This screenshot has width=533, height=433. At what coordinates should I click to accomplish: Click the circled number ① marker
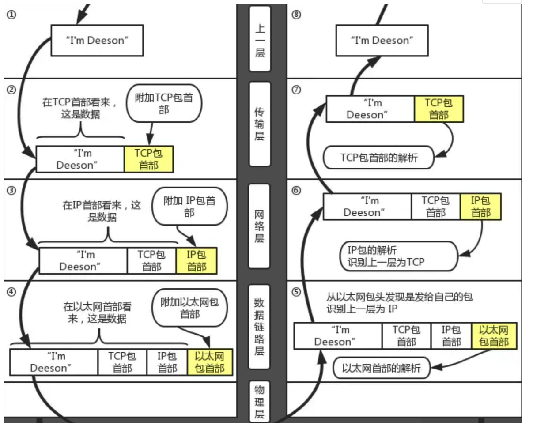[x=11, y=14]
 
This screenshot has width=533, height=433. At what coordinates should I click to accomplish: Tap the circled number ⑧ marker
[x=296, y=14]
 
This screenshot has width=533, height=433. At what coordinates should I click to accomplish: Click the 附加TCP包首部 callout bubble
[x=164, y=103]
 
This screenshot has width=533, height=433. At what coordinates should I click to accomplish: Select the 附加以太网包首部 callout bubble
[x=189, y=308]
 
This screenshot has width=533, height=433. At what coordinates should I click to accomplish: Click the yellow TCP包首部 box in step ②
[x=149, y=159]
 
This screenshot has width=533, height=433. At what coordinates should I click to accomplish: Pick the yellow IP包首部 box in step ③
[x=197, y=260]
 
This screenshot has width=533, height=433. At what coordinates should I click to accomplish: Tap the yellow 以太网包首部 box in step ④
[x=210, y=362]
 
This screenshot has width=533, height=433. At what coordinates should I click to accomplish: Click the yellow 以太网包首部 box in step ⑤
[x=494, y=336]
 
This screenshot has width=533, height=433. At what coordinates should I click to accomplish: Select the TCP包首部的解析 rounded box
[x=378, y=158]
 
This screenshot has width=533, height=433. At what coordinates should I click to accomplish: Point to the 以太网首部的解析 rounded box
[x=381, y=368]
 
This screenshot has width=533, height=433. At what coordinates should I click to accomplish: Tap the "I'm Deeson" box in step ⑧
[x=382, y=41]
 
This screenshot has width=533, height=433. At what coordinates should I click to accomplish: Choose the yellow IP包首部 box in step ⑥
[x=480, y=207]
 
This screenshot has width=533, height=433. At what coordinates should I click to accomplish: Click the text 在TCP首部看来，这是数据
[x=80, y=109]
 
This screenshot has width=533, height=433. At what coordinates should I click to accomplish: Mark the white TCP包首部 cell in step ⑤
[x=406, y=336]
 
